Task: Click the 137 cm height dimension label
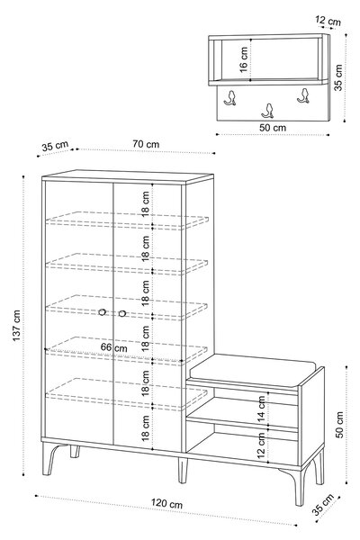point(16,326)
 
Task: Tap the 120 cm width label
point(166,503)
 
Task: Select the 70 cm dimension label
point(146,144)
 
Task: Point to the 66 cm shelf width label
point(113,347)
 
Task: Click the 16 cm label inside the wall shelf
point(244,60)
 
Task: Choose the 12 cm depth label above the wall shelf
point(328,21)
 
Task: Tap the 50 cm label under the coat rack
point(273,128)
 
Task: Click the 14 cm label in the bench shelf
point(262,409)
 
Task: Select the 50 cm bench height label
point(339,424)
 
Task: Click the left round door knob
point(102,312)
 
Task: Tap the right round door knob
point(122,313)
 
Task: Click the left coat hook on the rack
point(230,97)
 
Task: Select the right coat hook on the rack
point(303,95)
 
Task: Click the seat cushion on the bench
point(252,369)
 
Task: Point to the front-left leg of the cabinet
point(49,459)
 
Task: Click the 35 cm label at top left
point(55,146)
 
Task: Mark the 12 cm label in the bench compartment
point(262,445)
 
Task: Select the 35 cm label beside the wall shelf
point(338,77)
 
